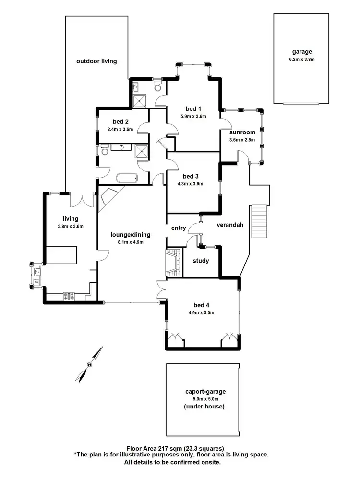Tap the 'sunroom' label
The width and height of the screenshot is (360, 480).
pos(242,132)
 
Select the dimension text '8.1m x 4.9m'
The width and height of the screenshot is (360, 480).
pos(130,242)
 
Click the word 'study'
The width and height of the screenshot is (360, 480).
pos(201,261)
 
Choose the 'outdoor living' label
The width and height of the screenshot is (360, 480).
pos(96,61)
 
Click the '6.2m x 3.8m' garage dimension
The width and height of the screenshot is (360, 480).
pos(302,60)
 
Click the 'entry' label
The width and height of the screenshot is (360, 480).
pos(178,228)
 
